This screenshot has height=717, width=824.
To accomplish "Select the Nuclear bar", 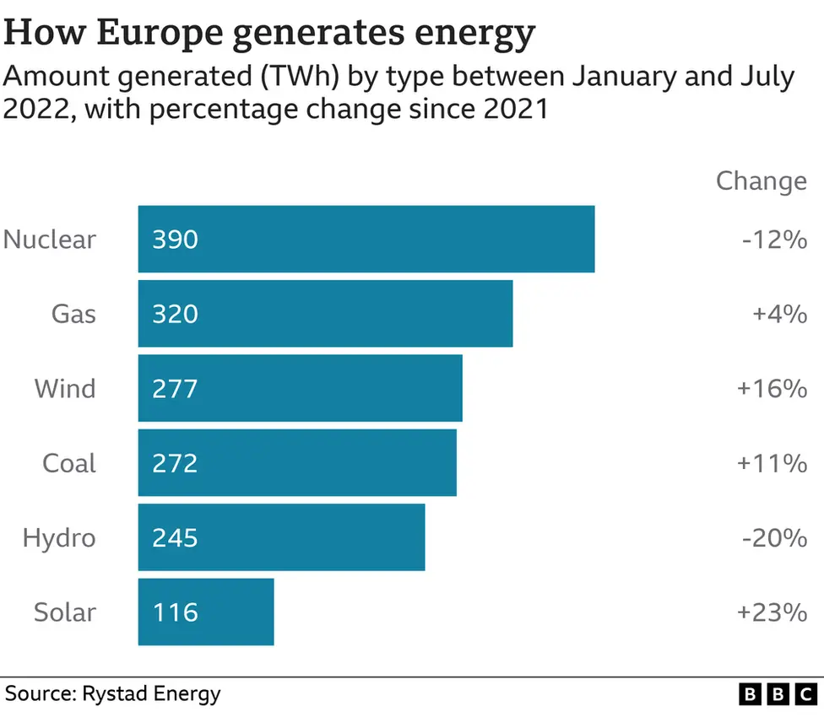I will click(366, 239).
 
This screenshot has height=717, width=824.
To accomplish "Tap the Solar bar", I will click(206, 612).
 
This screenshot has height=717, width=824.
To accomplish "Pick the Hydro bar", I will click(281, 537).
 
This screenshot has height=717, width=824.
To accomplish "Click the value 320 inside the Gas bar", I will click(175, 314).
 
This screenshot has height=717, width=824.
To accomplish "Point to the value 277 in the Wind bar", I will click(175, 388).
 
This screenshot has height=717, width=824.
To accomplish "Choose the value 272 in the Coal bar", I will click(175, 463).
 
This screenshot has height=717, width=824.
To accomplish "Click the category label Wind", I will click(65, 389).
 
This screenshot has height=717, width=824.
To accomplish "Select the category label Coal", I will click(69, 463).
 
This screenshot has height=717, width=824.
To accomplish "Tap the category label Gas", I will click(73, 314).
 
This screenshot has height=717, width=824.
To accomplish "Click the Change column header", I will click(761, 181).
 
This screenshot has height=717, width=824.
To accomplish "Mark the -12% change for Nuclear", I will click(774, 240).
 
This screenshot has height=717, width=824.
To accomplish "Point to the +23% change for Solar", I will click(772, 612).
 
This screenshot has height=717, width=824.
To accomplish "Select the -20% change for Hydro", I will click(774, 538).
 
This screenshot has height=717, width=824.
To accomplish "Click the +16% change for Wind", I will click(772, 389).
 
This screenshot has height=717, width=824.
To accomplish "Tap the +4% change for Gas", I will click(779, 315).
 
